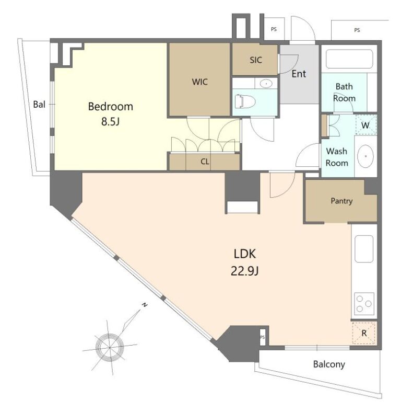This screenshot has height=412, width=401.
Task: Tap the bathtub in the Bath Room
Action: point(349,59)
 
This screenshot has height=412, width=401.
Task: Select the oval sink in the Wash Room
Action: point(365,156)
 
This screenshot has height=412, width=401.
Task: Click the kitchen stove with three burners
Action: point(364,304)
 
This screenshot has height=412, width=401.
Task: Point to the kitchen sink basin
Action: point(364,249)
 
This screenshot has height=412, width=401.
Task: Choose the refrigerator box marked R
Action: point(364,333)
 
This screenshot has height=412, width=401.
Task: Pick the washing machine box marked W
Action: point(366,125)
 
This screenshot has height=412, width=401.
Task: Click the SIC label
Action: point(256,60)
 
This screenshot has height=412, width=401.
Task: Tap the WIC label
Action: point(199,82)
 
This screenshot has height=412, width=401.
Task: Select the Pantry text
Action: point(341,201)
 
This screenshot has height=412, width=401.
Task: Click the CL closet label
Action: point(205,162)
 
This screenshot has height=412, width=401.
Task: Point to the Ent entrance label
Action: point(299,74)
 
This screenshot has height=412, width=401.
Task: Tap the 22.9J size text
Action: point(244,271)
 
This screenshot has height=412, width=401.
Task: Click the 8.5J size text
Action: point(111,122)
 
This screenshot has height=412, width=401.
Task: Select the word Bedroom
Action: point(111,107)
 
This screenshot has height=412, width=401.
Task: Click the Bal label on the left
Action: point(39,105)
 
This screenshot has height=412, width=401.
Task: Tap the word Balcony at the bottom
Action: point(329,364)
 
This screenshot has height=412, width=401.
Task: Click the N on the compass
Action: point(144,305)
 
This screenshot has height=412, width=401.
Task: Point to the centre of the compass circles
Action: point(110,347)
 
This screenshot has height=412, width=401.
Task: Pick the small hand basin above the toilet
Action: point(266,84)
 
